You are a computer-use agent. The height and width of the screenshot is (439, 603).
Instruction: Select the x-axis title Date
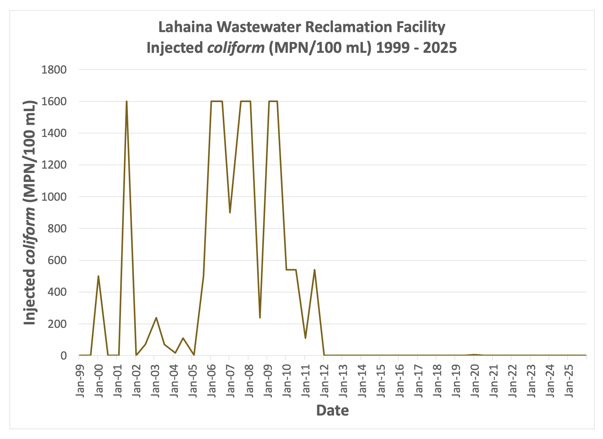332,410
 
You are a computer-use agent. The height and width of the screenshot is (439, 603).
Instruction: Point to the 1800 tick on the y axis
54,70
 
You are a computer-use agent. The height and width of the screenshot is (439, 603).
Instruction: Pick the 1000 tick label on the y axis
54,197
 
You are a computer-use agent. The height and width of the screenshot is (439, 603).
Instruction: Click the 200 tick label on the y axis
57,324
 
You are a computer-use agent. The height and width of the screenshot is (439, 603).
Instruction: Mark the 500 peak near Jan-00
98,276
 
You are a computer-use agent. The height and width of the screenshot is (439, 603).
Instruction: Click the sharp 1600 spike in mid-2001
126,101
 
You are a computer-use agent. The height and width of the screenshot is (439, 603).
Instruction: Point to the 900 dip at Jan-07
230,212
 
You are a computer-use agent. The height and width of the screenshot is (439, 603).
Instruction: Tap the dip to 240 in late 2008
260,317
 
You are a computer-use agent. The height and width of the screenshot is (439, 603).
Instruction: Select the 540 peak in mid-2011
314,270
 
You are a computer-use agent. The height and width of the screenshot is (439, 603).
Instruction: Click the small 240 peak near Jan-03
156,317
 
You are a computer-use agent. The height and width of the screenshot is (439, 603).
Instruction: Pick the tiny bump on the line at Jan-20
474,354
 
